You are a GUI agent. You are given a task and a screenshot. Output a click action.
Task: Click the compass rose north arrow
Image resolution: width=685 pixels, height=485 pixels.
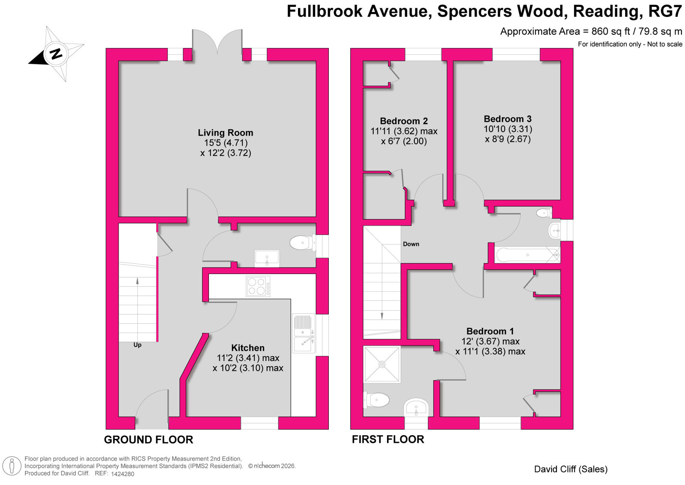56,54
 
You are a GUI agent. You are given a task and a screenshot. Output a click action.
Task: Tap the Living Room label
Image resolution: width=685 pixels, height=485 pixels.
225,133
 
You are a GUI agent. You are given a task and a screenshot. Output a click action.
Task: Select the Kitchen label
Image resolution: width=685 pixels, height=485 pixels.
247,348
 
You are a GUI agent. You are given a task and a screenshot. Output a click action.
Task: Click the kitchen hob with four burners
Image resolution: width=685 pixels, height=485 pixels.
258,286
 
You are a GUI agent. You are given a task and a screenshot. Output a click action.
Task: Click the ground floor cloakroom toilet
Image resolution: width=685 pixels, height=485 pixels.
301,243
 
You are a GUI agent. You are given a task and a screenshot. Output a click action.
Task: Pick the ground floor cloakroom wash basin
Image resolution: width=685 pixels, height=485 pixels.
267,258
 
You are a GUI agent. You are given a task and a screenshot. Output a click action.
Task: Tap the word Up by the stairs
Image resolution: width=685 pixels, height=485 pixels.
137,345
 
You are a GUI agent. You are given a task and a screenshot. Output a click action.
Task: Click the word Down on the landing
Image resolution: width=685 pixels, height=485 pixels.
411,244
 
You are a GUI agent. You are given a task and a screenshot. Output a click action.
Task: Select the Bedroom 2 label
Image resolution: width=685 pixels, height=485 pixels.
404,121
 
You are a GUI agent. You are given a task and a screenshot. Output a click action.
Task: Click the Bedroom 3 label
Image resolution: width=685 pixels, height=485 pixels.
508,119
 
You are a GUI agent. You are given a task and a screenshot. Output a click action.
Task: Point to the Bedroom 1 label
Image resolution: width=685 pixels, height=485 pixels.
490,331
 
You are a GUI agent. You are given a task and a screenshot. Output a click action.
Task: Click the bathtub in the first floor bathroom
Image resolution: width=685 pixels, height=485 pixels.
527,255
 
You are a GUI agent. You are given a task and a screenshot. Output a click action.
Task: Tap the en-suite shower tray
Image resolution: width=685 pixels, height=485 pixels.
382,364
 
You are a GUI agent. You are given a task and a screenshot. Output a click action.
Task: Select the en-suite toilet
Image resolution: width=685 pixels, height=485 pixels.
377,400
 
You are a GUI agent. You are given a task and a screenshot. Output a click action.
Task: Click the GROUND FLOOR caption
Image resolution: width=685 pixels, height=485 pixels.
149,440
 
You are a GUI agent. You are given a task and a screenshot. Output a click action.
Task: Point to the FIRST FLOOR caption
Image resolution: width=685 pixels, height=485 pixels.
388,439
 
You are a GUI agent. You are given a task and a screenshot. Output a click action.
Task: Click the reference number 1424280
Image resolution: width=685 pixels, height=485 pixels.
122,474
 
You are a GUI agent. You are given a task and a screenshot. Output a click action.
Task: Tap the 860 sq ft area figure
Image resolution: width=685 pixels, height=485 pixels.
611,31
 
